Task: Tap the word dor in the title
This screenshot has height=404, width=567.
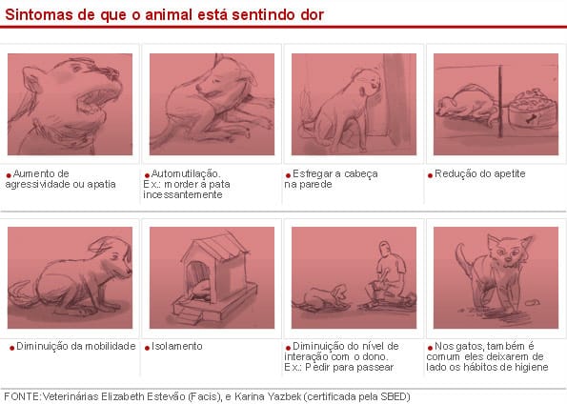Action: click(x=312, y=14)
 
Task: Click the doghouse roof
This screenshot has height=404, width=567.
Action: click(x=216, y=250)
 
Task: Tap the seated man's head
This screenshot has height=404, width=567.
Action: click(x=386, y=249)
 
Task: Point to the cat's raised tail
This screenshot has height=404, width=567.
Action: click(x=464, y=258)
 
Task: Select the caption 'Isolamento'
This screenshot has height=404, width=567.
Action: click(x=177, y=346)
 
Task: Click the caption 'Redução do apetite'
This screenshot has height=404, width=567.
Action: click(x=480, y=173)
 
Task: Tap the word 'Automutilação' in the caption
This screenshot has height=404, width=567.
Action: click(x=186, y=173)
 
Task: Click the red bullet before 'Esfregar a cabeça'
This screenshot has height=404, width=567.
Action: click(x=288, y=175)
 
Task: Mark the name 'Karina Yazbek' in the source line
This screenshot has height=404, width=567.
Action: click(x=268, y=396)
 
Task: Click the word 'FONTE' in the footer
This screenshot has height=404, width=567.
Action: click(x=21, y=396)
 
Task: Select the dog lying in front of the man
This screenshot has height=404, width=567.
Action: click(x=322, y=297)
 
